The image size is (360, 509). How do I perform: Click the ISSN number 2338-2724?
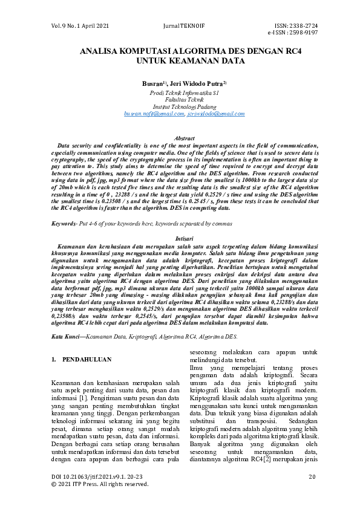click(303, 25)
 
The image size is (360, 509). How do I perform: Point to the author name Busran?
click(152, 82)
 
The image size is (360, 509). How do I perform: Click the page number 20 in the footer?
click(312, 477)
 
